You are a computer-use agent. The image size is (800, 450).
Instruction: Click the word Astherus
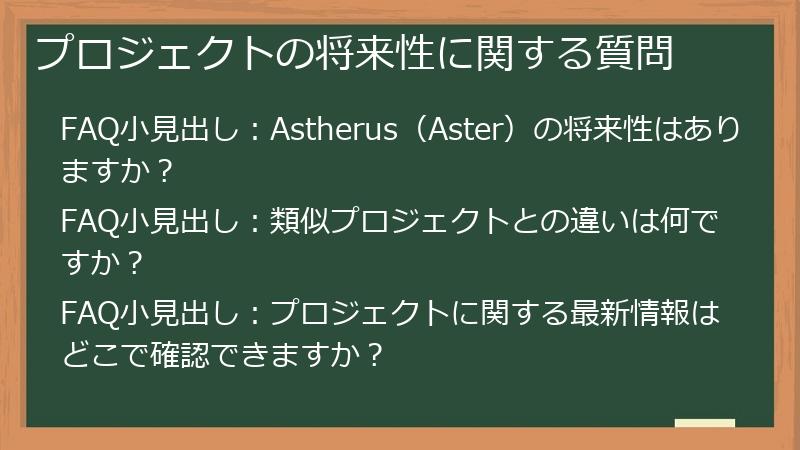click(x=331, y=131)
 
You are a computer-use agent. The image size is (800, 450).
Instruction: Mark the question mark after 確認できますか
click(x=375, y=356)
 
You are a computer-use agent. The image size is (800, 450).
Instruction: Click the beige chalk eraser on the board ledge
click(x=704, y=422)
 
